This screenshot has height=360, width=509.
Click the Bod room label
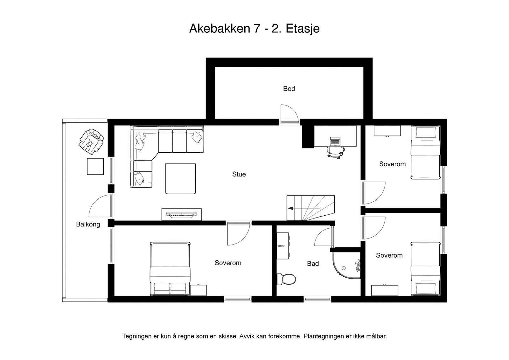point(289,89)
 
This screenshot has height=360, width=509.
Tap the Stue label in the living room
point(239,174)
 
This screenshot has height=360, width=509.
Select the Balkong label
point(88,225)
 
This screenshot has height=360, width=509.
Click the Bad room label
point(313,263)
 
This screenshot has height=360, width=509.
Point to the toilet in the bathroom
point(286,279)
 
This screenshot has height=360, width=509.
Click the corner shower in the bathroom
point(346,265)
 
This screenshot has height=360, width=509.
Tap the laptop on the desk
point(335,141)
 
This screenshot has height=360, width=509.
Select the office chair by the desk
point(336,152)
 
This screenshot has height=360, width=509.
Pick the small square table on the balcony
point(95,167)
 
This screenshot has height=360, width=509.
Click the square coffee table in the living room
point(180,178)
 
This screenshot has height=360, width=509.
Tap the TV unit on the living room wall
point(182,214)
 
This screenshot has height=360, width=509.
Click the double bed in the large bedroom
point(170,269)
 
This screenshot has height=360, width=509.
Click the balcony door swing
point(100,206)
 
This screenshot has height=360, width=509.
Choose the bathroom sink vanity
point(283,246)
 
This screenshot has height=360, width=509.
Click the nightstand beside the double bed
point(199,290)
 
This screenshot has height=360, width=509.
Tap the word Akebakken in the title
point(220,29)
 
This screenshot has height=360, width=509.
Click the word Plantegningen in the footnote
point(324,336)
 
